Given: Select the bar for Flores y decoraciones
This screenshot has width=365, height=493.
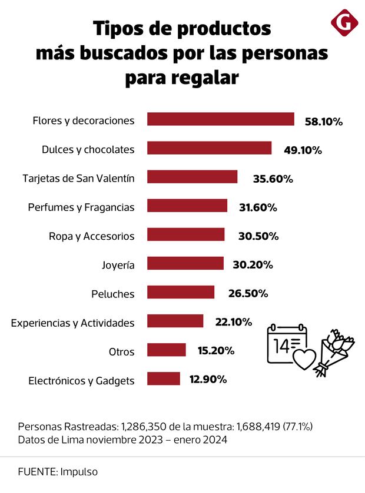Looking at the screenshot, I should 220,119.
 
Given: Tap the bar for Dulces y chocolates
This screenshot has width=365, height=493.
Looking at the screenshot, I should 209,148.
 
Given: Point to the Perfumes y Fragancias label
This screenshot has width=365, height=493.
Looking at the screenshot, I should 81,207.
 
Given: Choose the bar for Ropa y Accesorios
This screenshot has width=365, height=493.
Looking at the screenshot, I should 185,235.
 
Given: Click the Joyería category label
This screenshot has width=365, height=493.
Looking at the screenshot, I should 118,265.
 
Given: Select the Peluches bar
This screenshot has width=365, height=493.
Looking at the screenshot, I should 180,293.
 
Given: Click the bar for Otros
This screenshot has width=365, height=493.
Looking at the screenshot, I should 166,350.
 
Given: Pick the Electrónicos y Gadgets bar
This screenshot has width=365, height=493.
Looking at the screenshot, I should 163,379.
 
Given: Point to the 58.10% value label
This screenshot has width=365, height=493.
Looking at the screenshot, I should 323,122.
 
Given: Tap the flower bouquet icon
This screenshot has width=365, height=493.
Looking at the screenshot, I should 334,353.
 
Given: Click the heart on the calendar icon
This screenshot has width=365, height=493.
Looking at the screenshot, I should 304,358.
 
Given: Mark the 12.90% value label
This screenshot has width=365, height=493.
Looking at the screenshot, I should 208,380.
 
